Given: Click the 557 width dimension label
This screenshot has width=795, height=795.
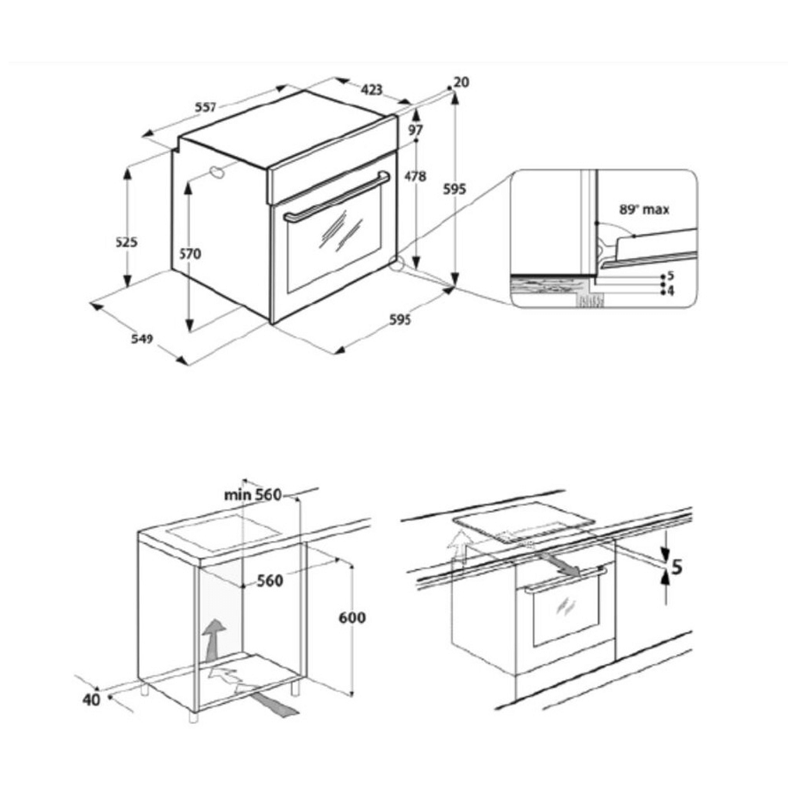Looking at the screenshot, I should pos(205,108).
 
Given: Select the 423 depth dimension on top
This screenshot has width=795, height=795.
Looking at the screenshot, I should pos(372,90).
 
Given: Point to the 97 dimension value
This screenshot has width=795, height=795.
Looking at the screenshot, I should pos(415,129).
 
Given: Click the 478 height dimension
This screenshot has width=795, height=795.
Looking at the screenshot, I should pos(415,177).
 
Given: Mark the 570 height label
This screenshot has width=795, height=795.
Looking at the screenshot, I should pos(189,253).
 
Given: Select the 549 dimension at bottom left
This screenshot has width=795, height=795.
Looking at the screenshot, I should pos(142,338).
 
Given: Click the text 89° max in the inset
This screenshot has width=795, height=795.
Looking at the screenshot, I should pos(645,209).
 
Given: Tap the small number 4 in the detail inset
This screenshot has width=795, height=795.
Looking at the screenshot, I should pos(670,291).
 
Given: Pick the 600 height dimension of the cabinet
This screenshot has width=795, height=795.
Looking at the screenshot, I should pos(352,618).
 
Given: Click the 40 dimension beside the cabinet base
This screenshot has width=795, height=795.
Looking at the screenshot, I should pos(92,700).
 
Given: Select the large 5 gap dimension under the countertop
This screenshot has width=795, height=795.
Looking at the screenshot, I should pos(677,567).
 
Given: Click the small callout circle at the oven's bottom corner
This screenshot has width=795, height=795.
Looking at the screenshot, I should pos(395,263).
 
